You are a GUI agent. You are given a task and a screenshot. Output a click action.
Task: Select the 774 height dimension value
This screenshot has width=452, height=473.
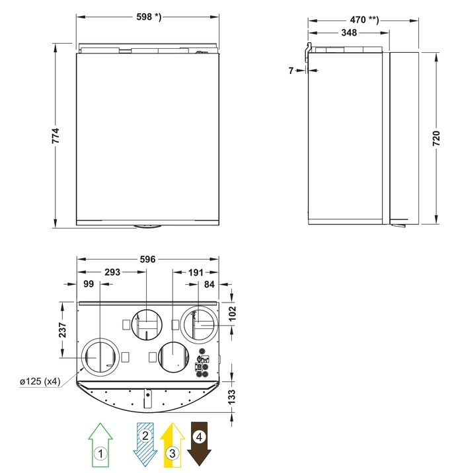(x=56, y=135)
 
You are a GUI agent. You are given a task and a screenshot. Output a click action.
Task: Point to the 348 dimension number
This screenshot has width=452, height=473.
(x=349, y=32)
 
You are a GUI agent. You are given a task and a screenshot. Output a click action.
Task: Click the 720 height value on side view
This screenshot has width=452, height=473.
(x=436, y=139)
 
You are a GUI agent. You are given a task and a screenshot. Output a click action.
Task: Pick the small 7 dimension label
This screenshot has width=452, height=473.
(x=291, y=70)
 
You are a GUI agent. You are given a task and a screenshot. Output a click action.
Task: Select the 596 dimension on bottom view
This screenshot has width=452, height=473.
(x=147, y=259)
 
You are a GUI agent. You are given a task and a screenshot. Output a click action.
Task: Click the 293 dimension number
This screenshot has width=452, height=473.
(x=112, y=272)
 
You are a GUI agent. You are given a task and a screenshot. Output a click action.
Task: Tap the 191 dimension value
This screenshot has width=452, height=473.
(x=196, y=272)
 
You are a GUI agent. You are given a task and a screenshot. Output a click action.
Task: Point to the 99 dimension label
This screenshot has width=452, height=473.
(x=89, y=284)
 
